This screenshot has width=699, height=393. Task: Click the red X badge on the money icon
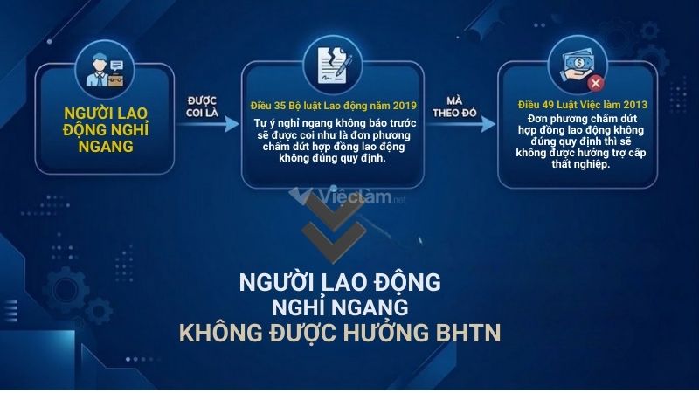(x=596, y=83)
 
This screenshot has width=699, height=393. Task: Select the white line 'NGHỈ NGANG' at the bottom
(x=340, y=308)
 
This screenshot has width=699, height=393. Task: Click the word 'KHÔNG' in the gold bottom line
(x=219, y=334)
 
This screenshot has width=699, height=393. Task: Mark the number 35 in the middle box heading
(x=281, y=104)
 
